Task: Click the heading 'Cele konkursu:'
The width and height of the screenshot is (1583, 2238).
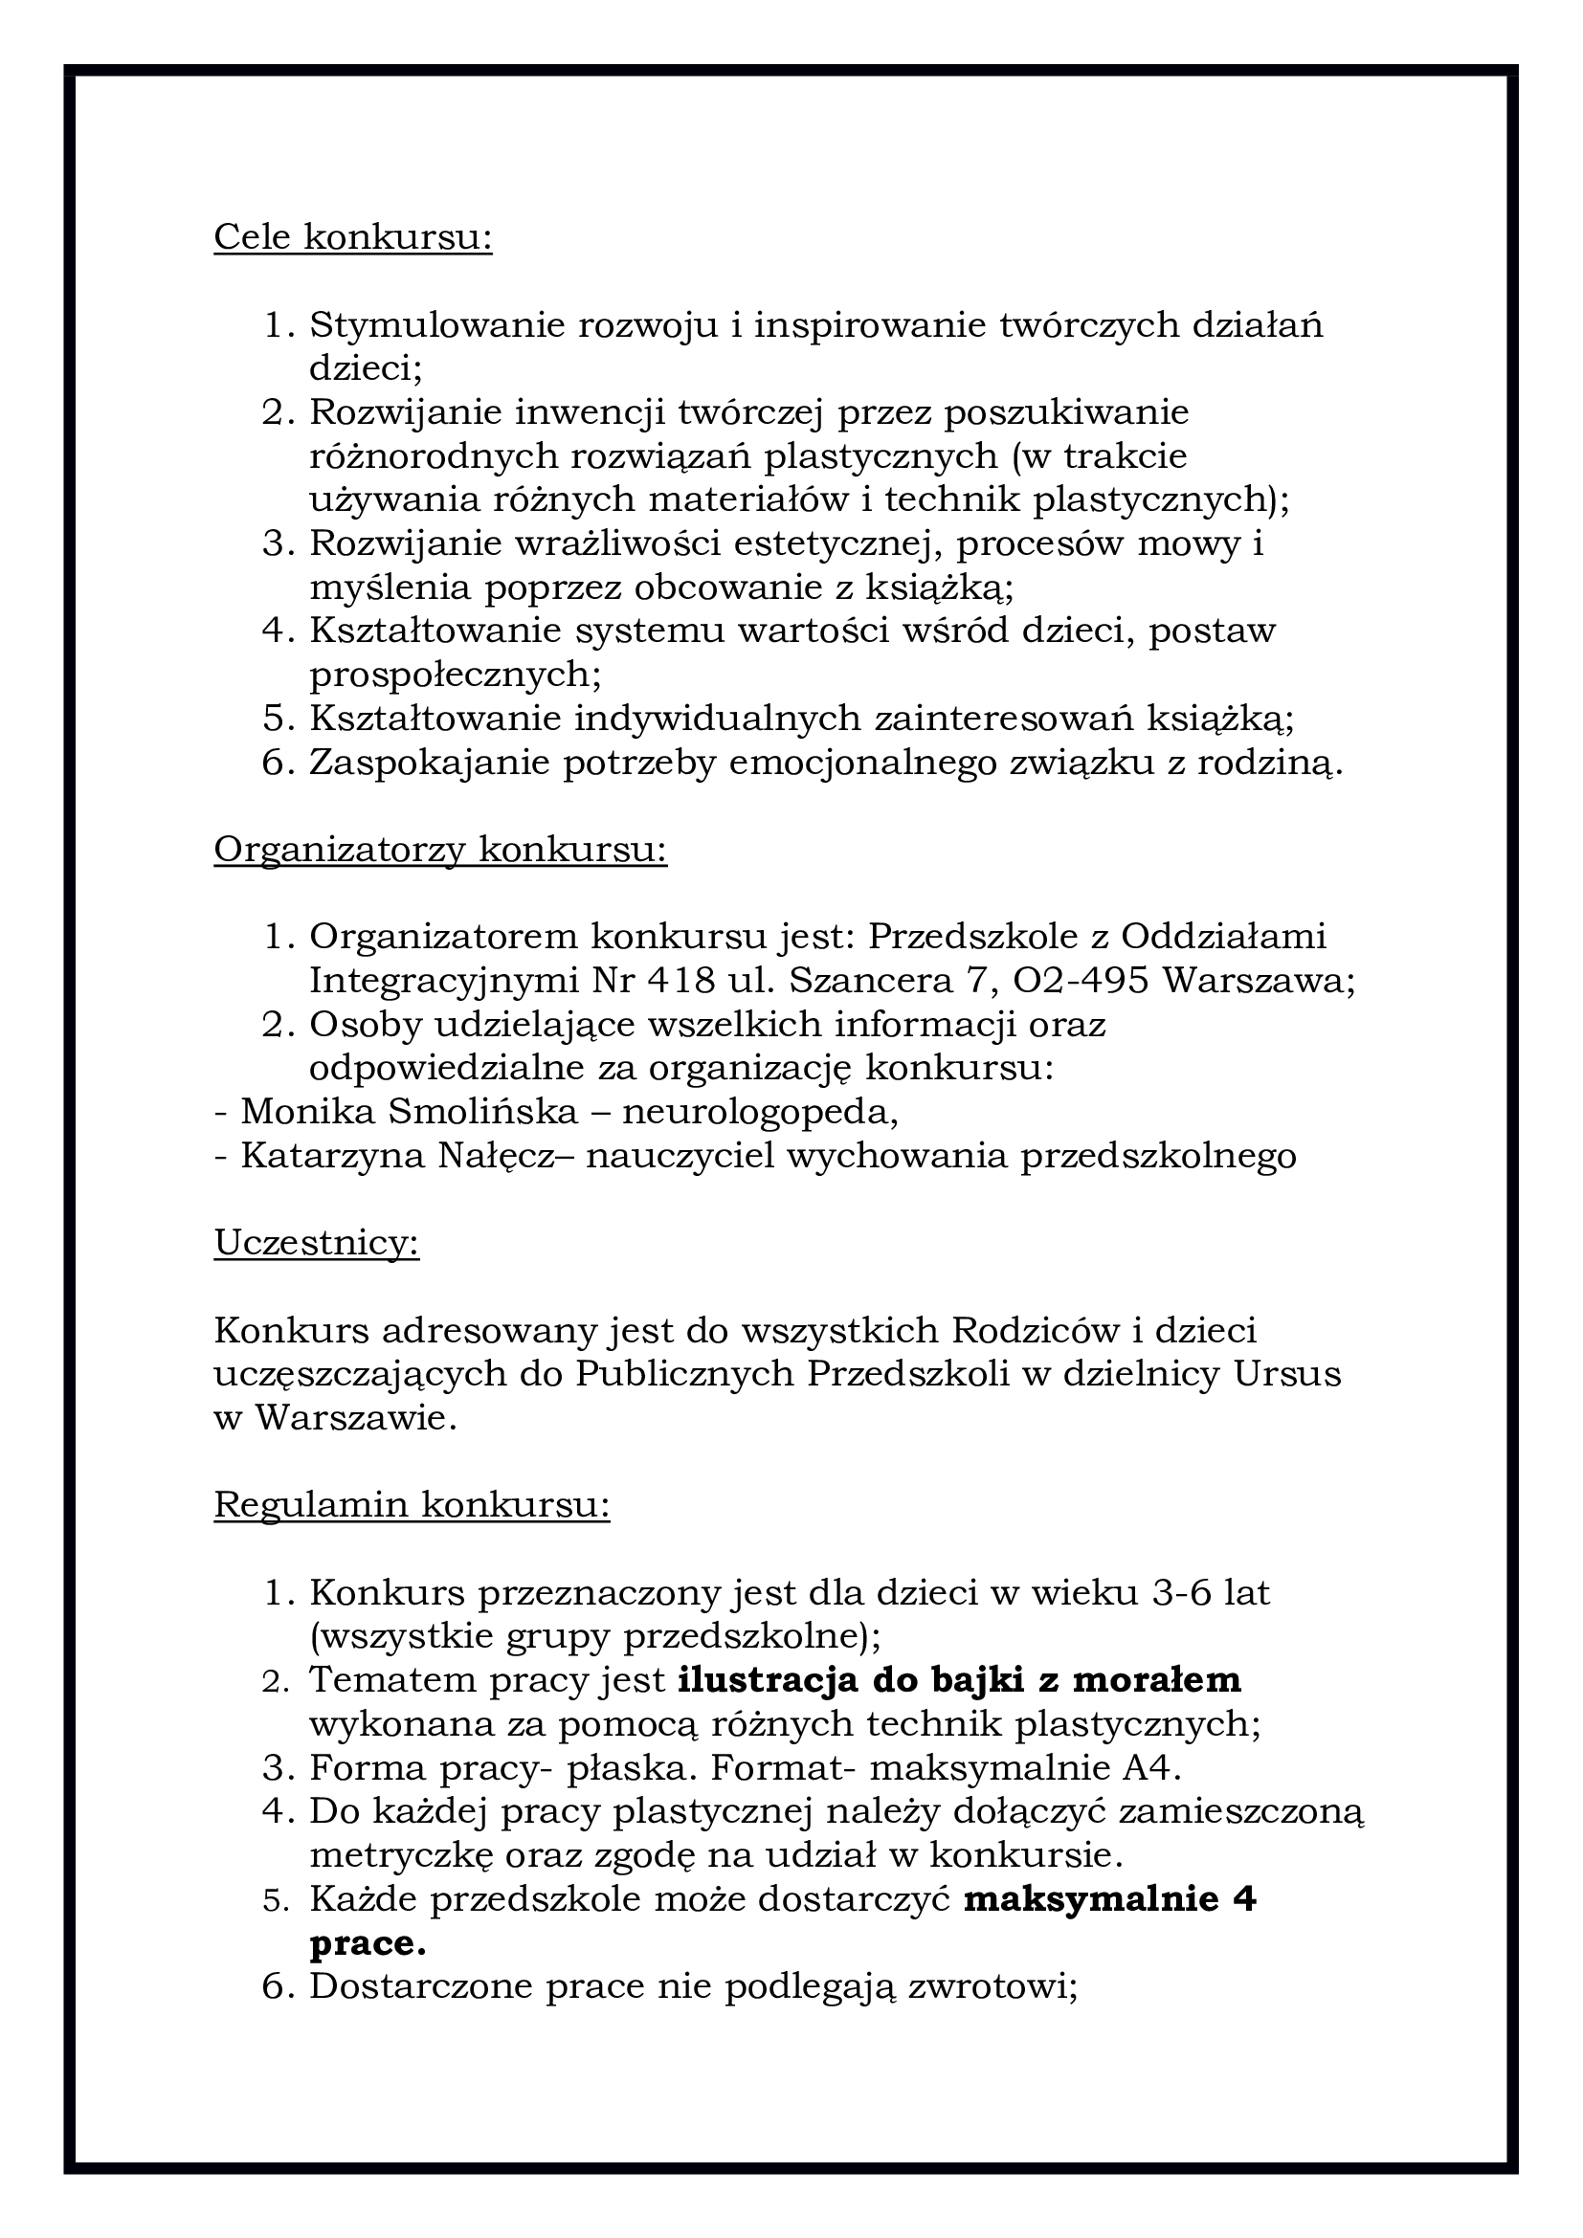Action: coord(353,237)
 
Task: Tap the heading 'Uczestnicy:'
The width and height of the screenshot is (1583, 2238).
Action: coord(317,1243)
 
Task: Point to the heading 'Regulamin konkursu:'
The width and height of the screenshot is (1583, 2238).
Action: coord(412,1505)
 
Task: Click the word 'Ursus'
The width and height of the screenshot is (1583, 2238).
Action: coord(1286,1373)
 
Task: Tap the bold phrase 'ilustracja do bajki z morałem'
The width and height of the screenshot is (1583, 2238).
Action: coord(959,1680)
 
